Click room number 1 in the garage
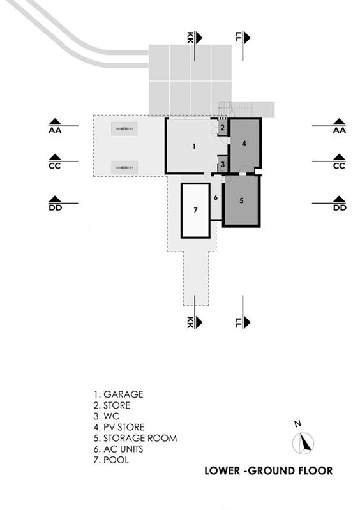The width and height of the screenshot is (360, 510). pyautogui.click(x=194, y=146)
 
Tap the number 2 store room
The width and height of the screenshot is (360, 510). pyautogui.click(x=222, y=128)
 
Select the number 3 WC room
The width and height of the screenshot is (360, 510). pyautogui.click(x=222, y=165)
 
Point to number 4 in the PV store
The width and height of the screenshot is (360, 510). pyautogui.click(x=244, y=143)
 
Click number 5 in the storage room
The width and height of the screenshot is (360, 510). pyautogui.click(x=241, y=200)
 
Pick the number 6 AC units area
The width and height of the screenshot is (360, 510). pyautogui.click(x=216, y=197)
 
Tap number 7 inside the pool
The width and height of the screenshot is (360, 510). pyautogui.click(x=195, y=210)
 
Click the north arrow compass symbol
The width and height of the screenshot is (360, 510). pyautogui.click(x=303, y=443)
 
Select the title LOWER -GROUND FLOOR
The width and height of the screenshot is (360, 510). pyautogui.click(x=269, y=470)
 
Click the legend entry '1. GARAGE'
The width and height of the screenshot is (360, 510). pyautogui.click(x=118, y=394)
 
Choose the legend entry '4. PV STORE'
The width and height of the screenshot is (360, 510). pyautogui.click(x=119, y=427)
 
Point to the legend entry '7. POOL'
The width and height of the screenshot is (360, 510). pyautogui.click(x=111, y=460)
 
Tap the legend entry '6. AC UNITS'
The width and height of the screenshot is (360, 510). pyautogui.click(x=118, y=449)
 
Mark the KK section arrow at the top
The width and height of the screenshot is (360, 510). pyautogui.click(x=194, y=45)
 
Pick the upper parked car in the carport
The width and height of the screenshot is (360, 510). pyautogui.click(x=124, y=129)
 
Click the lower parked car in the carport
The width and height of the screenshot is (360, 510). pyautogui.click(x=124, y=167)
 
